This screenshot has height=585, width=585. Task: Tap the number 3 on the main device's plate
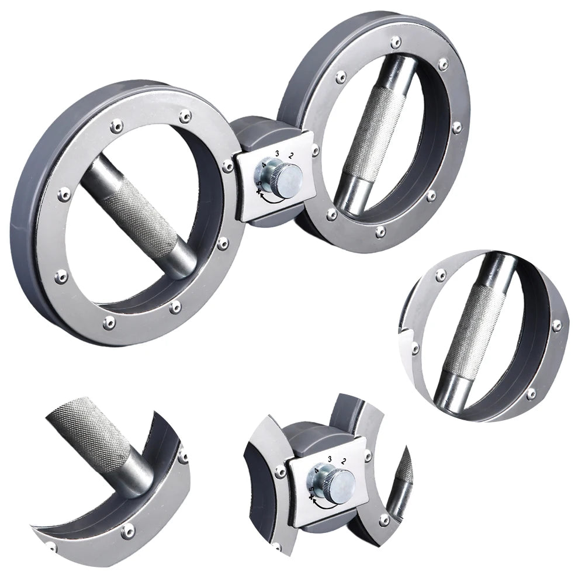277,153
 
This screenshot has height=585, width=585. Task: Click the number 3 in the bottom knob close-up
330,459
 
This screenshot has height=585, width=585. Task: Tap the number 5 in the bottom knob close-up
311,489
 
